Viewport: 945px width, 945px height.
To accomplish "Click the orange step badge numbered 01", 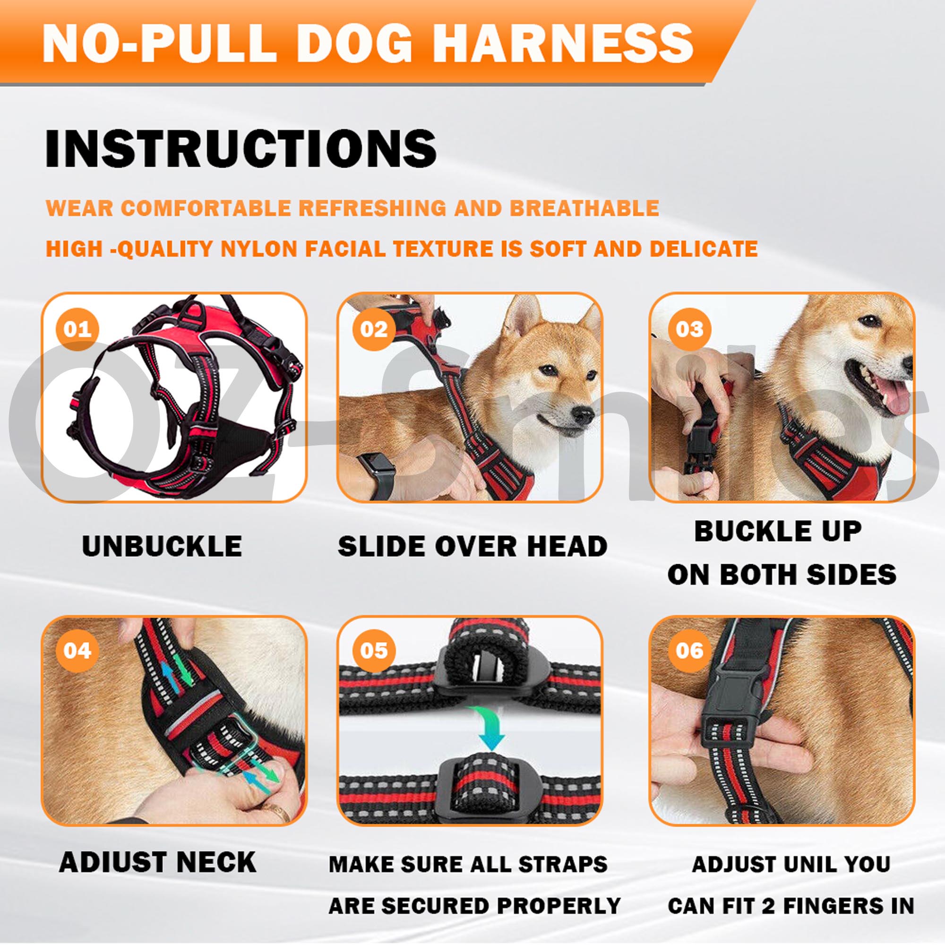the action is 77,329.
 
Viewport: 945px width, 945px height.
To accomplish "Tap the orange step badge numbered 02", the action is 374,329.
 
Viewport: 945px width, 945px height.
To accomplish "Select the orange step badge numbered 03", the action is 689,329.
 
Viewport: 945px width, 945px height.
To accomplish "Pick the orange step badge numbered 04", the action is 77,651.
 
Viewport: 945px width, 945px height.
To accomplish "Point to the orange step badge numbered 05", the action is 374,651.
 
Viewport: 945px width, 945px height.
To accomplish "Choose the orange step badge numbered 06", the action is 689,651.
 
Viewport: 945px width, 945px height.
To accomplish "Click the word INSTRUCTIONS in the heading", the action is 241,149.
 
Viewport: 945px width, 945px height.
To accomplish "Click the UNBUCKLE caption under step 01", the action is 162,546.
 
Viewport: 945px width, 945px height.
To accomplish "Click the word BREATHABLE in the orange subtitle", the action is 584,208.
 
